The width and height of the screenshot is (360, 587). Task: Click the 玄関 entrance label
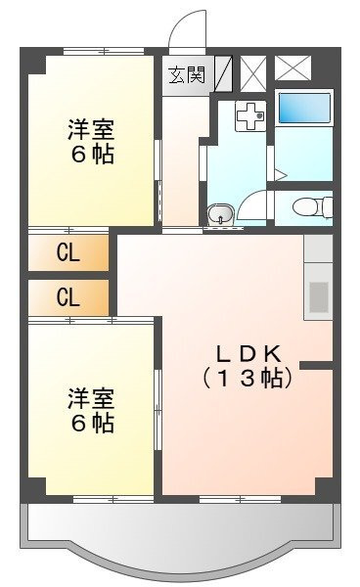coord(188,75)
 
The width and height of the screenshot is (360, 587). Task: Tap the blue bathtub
coord(304,108)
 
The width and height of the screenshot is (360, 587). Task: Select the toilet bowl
coord(312,207)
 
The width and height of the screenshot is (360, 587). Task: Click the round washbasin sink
coord(220,214)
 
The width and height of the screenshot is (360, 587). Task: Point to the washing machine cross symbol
coord(250,116)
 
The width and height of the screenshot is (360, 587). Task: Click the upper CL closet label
coord(68,253)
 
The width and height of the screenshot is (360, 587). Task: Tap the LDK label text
coord(248,354)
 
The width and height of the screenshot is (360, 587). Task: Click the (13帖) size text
coord(247,379)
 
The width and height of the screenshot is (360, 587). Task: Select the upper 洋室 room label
coord(91,129)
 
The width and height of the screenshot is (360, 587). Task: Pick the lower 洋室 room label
coord(91,398)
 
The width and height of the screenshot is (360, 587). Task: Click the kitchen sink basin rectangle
coord(319,296)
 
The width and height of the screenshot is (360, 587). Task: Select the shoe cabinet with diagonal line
coord(223,73)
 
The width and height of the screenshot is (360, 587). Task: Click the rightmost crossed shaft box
coord(293,68)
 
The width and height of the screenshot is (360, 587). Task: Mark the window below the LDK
coord(240,499)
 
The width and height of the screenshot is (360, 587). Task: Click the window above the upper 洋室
coord(104,51)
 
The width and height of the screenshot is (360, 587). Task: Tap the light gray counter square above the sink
coord(318,248)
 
